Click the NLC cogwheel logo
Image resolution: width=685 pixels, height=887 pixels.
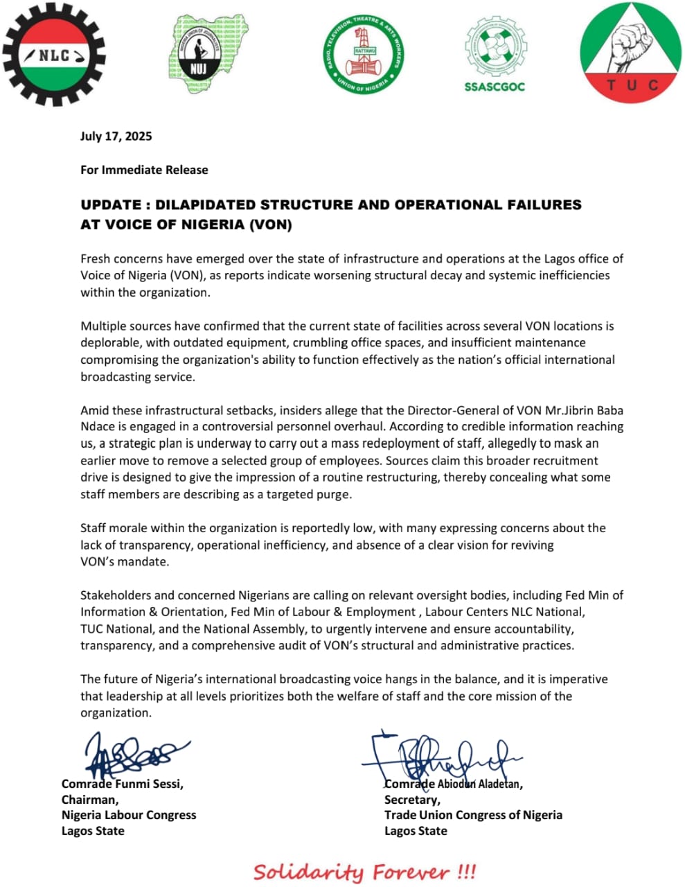coord(54,55)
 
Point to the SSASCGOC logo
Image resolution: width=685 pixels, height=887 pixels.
coord(495,55)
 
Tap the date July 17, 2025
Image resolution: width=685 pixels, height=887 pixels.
coord(116,136)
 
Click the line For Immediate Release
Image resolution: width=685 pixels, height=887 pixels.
coord(144,170)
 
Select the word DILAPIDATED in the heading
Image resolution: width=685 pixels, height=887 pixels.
coord(204,205)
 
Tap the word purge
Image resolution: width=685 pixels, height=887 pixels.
coord(335,494)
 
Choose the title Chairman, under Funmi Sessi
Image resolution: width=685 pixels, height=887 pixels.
coord(89,800)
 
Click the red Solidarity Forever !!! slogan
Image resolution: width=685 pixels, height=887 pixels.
coord(364,871)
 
